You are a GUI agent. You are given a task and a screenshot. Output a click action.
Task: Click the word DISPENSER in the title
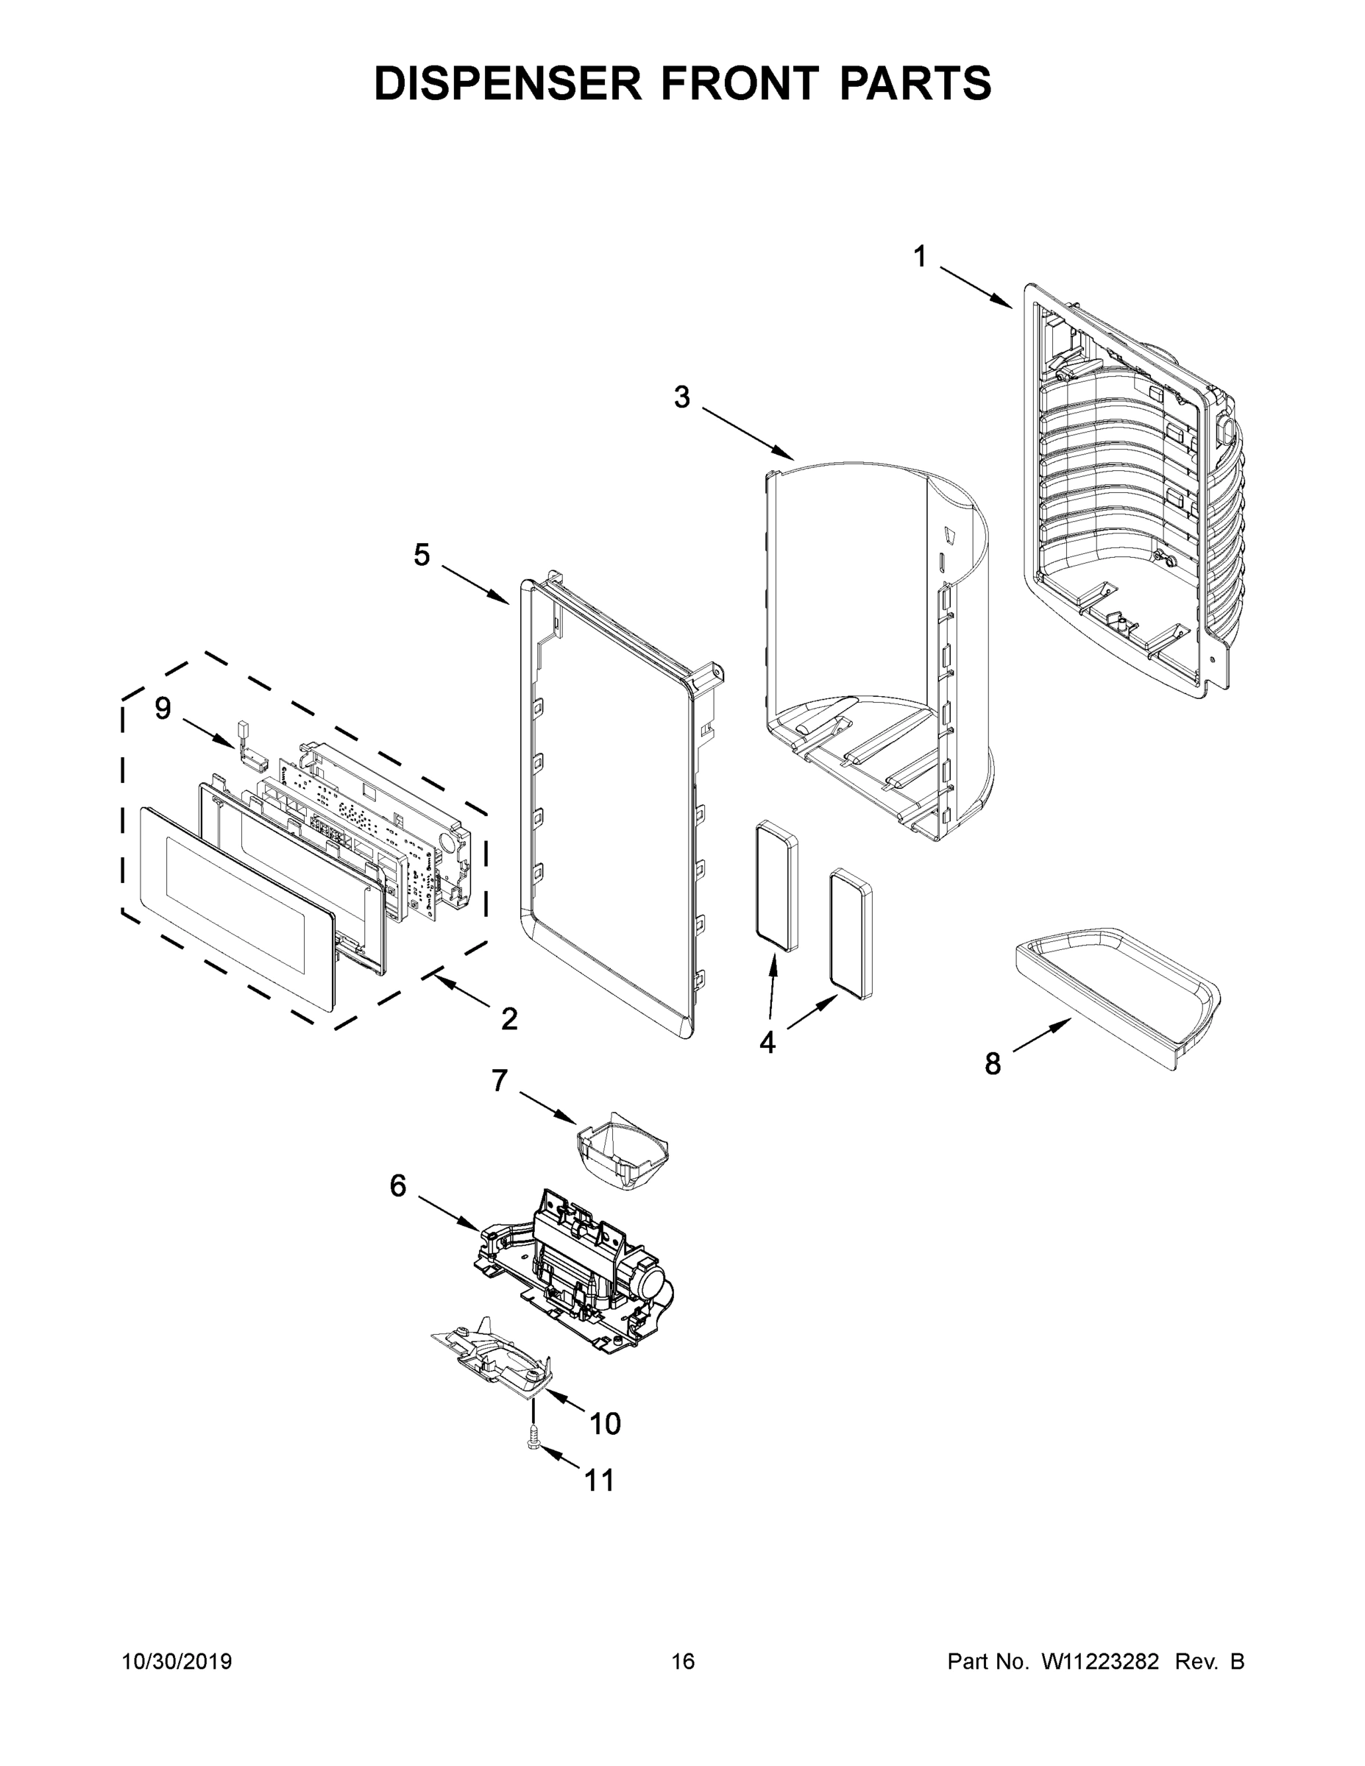(x=508, y=83)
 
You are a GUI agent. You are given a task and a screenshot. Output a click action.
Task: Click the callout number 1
(x=919, y=257)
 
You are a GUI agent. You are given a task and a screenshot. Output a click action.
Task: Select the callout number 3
(x=683, y=397)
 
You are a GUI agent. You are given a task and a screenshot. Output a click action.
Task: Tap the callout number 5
(x=422, y=555)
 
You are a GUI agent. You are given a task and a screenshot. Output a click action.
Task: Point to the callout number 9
(x=163, y=709)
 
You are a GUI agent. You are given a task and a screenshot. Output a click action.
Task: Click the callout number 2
(x=508, y=1019)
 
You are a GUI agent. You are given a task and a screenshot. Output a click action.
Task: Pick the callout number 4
(x=767, y=1043)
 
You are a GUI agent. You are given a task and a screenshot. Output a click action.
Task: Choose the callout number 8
(x=992, y=1064)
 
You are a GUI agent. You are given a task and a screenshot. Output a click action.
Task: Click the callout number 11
(x=599, y=1480)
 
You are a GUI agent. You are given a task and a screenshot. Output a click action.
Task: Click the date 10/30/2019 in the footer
(x=177, y=1662)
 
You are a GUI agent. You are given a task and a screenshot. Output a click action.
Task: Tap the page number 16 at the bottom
(x=683, y=1662)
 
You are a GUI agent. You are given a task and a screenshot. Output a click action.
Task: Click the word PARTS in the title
(x=915, y=83)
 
